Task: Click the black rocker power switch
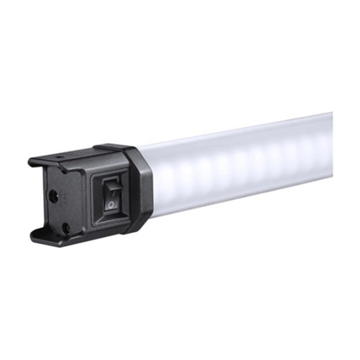point(114,197)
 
